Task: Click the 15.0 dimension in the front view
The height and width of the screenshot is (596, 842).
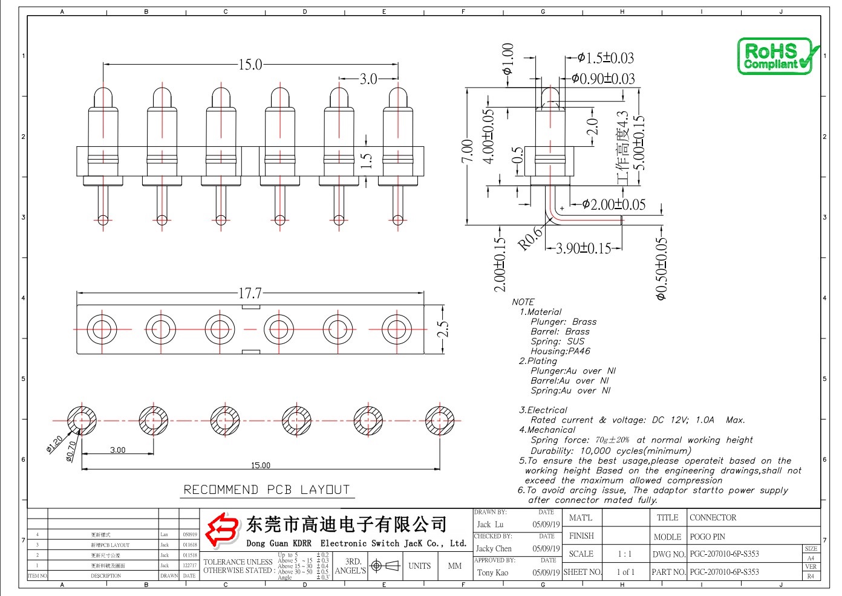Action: (250, 64)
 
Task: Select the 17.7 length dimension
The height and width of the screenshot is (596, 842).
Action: (250, 293)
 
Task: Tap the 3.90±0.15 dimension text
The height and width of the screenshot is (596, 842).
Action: (583, 248)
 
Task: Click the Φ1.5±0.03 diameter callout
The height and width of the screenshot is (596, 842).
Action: (605, 58)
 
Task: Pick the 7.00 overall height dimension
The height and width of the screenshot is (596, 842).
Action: (467, 151)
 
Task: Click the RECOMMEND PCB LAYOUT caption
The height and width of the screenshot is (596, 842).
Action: (266, 490)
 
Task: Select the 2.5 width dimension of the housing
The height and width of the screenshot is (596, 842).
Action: (443, 329)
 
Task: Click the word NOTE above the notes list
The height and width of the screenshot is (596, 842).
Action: (523, 302)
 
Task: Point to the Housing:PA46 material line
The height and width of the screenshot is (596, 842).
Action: (560, 351)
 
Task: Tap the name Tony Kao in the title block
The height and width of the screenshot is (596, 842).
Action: (492, 572)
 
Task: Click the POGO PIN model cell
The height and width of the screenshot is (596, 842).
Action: (707, 537)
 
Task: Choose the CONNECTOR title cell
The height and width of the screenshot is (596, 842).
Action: (713, 517)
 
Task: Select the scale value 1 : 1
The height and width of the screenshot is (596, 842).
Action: (625, 554)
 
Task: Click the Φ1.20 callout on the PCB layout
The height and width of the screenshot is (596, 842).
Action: (54, 444)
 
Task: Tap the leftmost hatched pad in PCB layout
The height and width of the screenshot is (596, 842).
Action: (81, 419)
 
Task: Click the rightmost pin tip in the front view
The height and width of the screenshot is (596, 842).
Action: (397, 96)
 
